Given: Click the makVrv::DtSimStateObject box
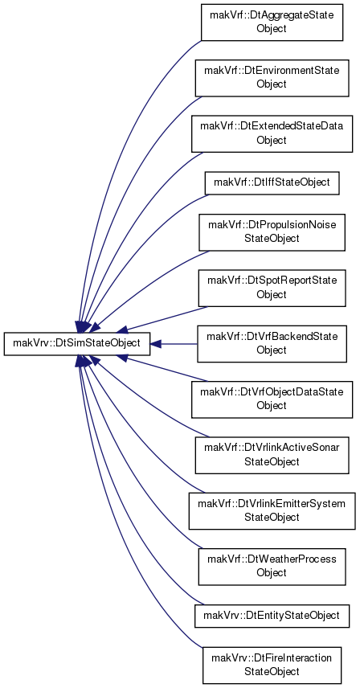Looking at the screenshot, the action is [76, 343].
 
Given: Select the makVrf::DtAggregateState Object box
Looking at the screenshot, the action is [272, 23].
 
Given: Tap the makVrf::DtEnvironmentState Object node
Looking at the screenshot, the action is [272, 78].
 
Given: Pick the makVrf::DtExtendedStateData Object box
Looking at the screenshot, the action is [272, 134].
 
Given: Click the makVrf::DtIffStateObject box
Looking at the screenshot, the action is [272, 182].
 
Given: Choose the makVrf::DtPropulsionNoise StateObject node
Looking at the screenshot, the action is [272, 232].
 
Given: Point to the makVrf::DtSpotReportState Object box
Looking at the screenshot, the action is [272, 288].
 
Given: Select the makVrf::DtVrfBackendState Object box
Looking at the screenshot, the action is [272, 343].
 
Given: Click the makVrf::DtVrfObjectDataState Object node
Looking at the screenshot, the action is [272, 399].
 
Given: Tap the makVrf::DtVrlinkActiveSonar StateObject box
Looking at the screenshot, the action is [272, 455].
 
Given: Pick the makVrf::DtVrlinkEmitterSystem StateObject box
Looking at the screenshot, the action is [272, 510].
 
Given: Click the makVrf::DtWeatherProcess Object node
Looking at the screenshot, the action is [272, 567].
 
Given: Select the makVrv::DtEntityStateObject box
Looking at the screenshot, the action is [272, 616].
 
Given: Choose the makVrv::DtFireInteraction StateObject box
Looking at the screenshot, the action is [272, 665].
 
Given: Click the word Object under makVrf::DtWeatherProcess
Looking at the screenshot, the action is [272, 572].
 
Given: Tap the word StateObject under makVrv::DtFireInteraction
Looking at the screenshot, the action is [272, 671].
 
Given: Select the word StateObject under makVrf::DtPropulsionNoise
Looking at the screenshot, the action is [272, 238].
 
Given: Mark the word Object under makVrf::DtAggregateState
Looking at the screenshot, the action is [272, 28].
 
